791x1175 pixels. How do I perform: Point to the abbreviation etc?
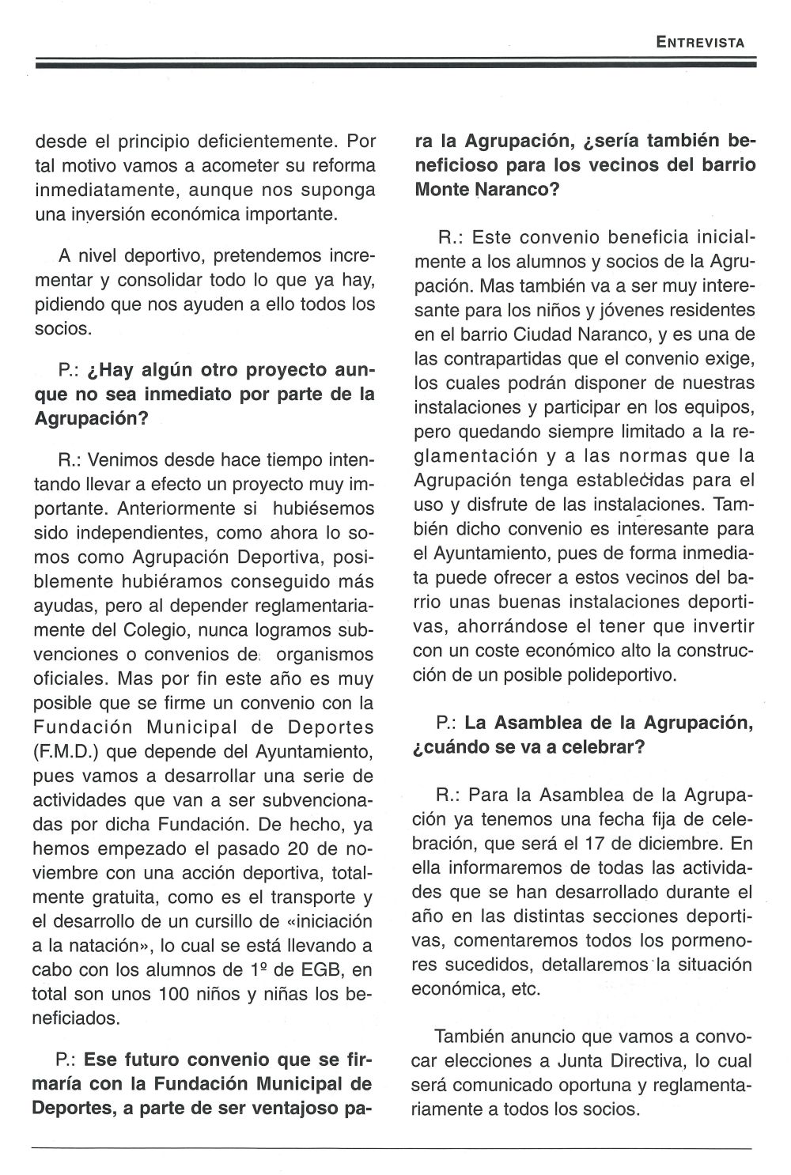[524, 989]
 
